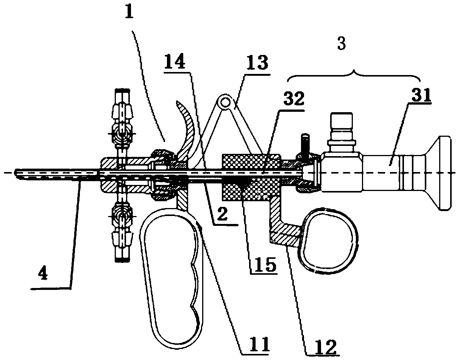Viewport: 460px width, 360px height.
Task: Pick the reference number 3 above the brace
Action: pyautogui.click(x=341, y=44)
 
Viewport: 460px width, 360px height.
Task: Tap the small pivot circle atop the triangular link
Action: pyautogui.click(x=226, y=102)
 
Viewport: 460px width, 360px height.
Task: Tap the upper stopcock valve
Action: pyautogui.click(x=122, y=121)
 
